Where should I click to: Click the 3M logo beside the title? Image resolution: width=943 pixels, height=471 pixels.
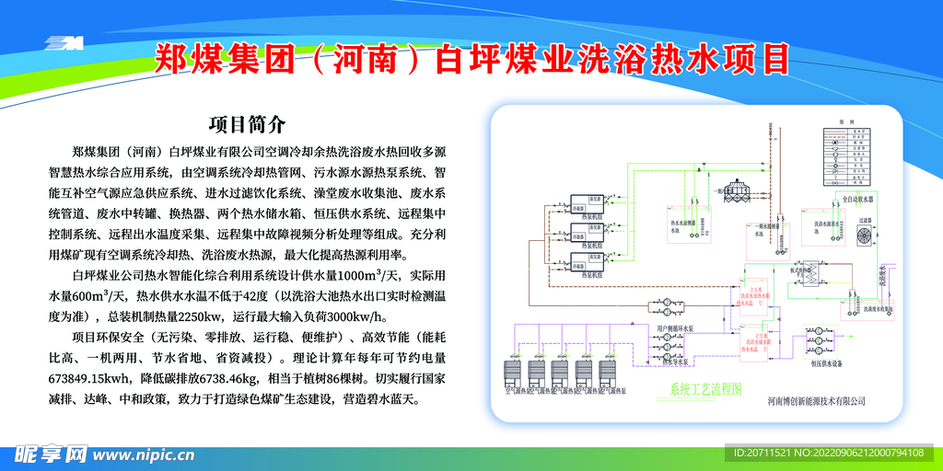tap(64, 42)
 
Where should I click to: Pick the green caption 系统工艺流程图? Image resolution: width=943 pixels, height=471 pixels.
tap(704, 389)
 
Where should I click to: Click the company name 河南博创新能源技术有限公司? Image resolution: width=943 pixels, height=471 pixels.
tap(816, 401)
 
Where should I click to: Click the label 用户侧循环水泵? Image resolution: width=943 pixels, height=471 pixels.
tap(674, 328)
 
